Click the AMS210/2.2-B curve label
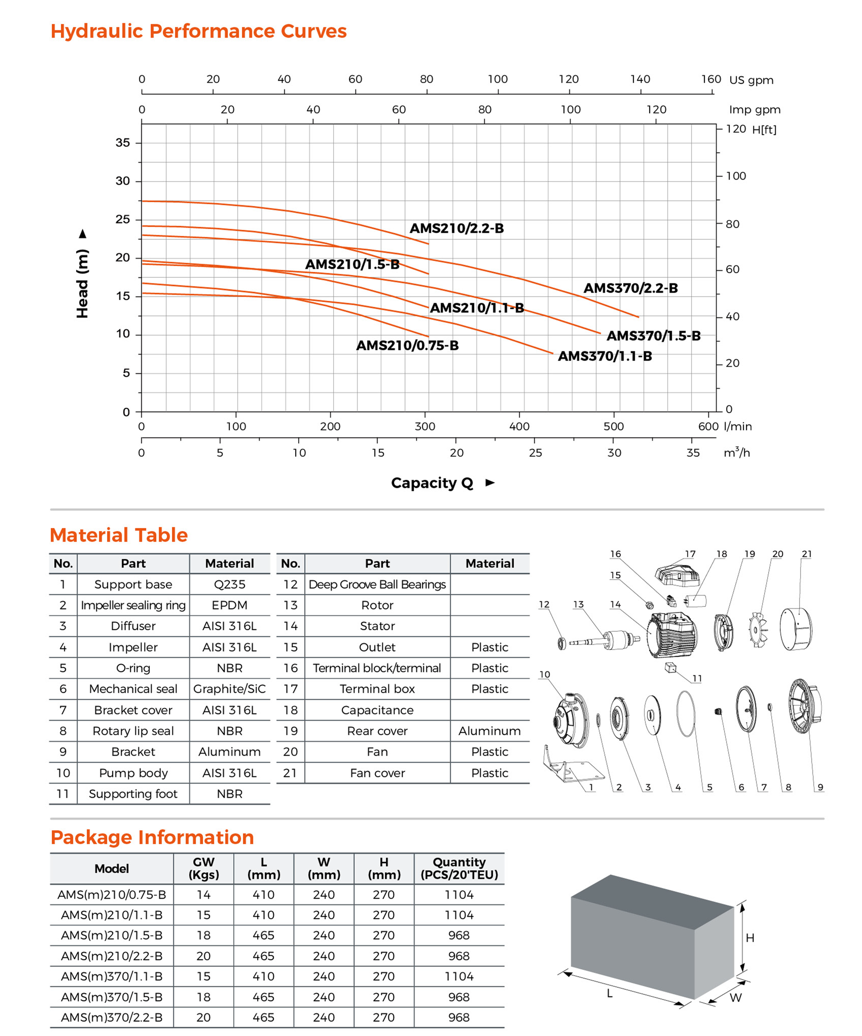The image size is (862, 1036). [x=456, y=228]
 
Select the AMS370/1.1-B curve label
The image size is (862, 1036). [x=604, y=356]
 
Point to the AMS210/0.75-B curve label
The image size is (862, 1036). [x=407, y=345]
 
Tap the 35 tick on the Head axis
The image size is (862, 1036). [x=123, y=142]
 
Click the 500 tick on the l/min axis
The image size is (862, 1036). [x=614, y=426]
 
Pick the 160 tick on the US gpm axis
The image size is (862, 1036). [x=711, y=79]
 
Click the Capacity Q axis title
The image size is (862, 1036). [x=432, y=483]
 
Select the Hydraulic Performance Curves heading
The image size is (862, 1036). [x=198, y=31]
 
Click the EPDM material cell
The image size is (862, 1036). [x=229, y=605]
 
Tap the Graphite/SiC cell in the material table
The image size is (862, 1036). [x=229, y=689]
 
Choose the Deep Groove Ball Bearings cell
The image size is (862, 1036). [x=377, y=584]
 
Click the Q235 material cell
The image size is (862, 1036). [x=229, y=584]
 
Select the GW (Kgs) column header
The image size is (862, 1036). [x=203, y=868]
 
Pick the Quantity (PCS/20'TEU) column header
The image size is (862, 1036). [x=459, y=868]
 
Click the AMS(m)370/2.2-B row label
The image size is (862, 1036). [x=112, y=1017]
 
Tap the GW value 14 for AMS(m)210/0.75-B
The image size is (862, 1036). [x=203, y=895]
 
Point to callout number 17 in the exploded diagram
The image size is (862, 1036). [x=690, y=554]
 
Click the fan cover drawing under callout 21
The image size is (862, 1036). [x=796, y=629]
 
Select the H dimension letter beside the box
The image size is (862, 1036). [x=750, y=938]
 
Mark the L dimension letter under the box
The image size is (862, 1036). [x=609, y=993]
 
